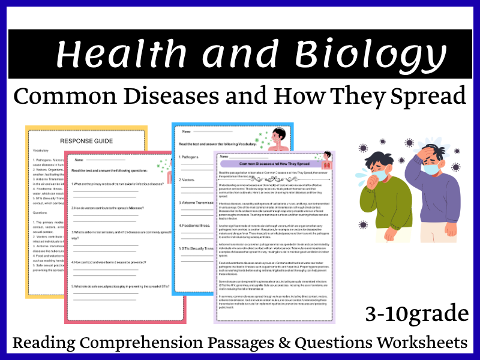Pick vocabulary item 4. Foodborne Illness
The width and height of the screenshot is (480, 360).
[196, 226]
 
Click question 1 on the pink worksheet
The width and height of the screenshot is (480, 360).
[120, 184]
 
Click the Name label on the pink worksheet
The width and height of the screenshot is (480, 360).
[78, 160]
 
